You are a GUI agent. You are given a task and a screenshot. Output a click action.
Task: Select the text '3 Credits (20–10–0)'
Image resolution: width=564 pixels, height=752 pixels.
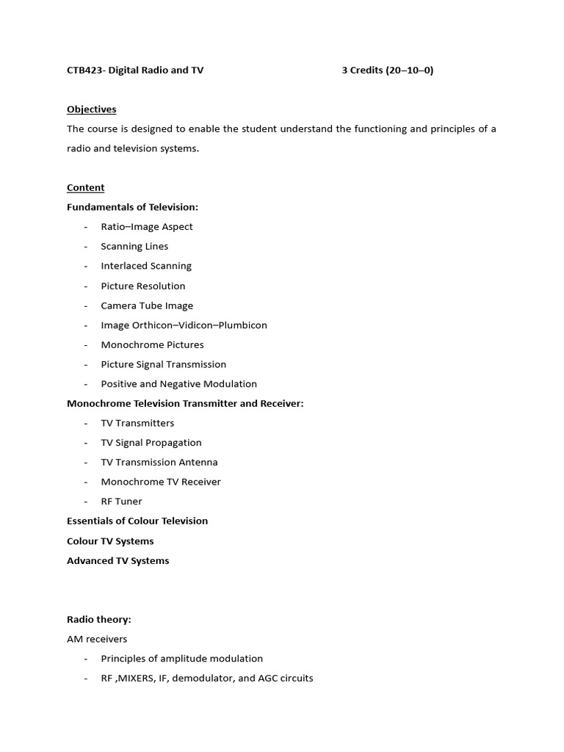(387, 70)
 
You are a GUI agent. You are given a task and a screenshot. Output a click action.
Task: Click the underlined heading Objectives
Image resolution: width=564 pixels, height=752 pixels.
(91, 109)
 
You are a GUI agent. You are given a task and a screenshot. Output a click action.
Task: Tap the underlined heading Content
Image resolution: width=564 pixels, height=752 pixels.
(85, 187)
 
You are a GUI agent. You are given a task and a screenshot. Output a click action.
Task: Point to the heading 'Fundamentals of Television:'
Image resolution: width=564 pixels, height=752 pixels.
(132, 207)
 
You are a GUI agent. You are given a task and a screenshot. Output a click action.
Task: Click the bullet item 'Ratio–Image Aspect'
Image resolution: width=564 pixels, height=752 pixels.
(147, 227)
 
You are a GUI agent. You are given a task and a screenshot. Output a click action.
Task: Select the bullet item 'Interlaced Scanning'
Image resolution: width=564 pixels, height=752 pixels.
(146, 266)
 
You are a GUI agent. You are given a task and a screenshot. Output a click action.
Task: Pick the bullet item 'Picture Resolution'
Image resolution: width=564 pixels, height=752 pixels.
(143, 286)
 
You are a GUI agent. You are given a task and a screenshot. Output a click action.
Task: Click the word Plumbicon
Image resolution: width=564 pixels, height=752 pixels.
(242, 325)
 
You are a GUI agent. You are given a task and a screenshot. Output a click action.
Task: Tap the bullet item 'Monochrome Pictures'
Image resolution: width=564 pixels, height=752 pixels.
(152, 344)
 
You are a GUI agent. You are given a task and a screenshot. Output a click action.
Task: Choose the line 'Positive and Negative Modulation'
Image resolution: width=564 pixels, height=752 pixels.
(178, 383)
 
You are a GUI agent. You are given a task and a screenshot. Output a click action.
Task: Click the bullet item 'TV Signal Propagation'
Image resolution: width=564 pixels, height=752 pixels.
(151, 442)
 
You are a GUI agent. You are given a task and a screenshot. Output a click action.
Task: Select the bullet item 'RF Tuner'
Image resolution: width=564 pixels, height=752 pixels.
(121, 501)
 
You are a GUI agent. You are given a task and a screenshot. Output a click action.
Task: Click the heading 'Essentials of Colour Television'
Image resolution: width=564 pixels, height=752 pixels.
(137, 521)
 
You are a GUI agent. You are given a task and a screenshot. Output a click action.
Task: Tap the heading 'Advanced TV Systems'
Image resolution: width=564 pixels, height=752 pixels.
(117, 560)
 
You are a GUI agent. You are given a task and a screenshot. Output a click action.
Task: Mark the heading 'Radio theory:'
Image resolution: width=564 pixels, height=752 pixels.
(98, 619)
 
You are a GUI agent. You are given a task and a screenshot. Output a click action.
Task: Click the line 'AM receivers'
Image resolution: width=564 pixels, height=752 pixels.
(97, 639)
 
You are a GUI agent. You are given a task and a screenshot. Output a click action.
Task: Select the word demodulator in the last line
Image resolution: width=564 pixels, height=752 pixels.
(207, 678)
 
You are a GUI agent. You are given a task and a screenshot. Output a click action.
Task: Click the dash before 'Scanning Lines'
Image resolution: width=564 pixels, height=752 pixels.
(86, 247)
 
